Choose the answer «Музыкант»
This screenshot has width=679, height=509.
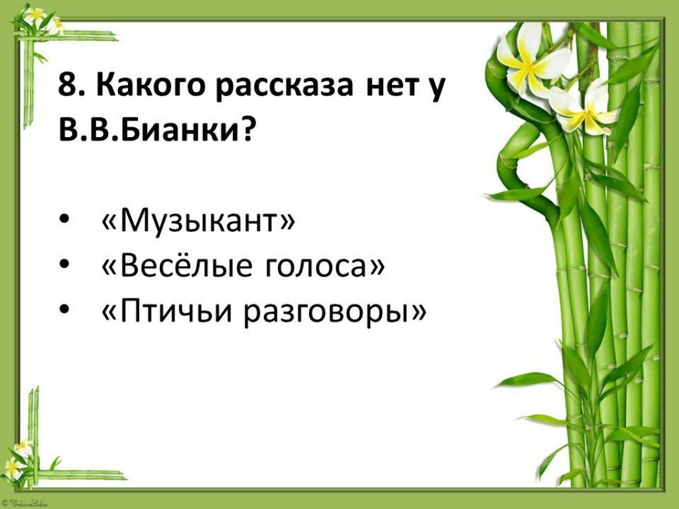tap(198, 221)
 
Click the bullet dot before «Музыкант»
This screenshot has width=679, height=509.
tap(64, 220)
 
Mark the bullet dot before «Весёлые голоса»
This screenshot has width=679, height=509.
tap(64, 264)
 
